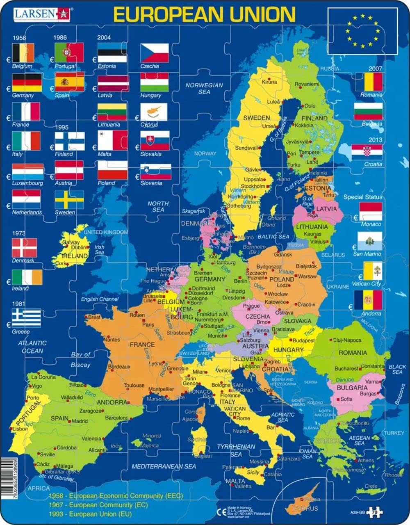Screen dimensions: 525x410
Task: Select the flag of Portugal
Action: point(69,52)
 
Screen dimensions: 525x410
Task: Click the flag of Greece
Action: point(26,318)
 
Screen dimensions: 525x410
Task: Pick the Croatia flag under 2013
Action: point(368,152)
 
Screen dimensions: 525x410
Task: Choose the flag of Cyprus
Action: point(154,112)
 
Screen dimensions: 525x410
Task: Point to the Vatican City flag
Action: point(368,271)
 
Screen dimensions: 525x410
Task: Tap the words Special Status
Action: point(362,197)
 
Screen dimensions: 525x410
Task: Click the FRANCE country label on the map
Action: point(142,345)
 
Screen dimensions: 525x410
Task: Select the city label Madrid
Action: point(80,421)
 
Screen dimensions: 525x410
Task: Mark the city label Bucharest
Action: point(346,368)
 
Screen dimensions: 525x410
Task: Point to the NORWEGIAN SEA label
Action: point(204,89)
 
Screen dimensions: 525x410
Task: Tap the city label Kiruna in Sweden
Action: point(269,82)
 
